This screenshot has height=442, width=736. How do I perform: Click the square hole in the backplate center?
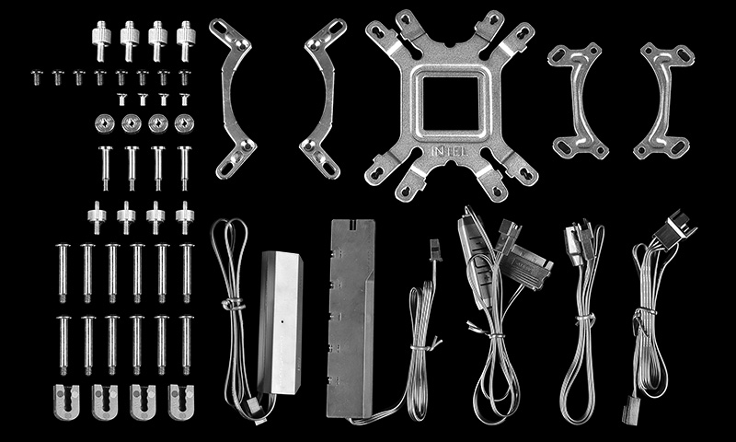pos(451,103)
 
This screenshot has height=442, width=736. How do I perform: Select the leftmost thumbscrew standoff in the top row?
pos(101,41)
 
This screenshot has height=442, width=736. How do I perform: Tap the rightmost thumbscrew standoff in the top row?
pos(186,41)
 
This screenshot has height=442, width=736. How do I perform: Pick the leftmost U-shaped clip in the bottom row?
pos(66,402)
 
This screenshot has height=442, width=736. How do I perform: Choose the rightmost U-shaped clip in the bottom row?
pos(180,402)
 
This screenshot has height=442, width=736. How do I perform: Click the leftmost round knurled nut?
pos(104,124)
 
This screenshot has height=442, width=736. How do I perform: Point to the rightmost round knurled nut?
pos(184,124)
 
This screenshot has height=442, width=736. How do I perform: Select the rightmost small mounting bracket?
pos(663,100)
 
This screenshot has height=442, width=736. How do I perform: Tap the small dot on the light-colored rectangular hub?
pos(282,321)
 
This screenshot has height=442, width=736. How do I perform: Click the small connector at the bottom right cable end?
pos(630,410)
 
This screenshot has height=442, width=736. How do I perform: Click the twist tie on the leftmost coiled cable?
pos(234,305)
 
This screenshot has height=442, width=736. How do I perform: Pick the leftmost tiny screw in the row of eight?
pos(37,77)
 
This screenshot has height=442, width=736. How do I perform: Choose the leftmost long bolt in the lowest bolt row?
pos(63,345)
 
